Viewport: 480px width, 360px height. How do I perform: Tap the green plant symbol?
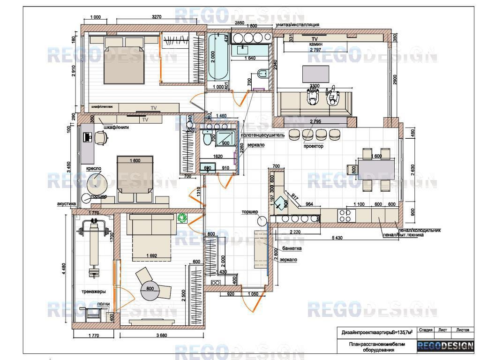coord(182,217)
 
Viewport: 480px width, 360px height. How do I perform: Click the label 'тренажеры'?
coord(93,292)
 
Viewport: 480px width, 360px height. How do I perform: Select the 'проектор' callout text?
coord(313,146)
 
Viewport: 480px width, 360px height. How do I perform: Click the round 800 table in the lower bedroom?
coord(150,289)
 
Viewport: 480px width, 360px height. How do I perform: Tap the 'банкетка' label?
coord(292,248)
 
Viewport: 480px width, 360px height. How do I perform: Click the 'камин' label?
coord(315,44)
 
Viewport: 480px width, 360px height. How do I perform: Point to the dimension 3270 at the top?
coord(157,17)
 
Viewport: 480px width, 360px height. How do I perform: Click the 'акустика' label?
coord(66,204)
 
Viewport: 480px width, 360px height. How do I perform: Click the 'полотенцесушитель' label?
coord(262,135)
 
